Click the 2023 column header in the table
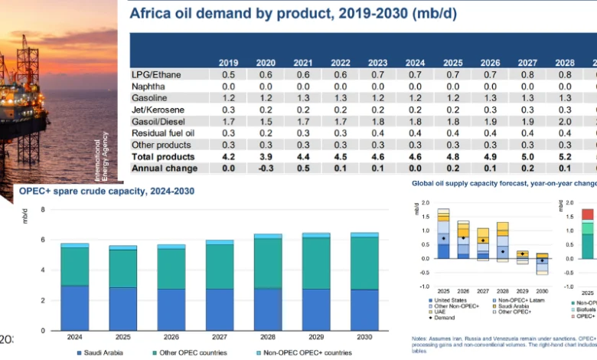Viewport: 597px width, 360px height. (378, 63)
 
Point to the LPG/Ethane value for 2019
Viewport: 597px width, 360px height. (228, 76)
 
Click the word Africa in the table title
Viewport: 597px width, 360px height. (149, 13)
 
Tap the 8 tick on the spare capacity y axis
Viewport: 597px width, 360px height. (43, 209)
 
